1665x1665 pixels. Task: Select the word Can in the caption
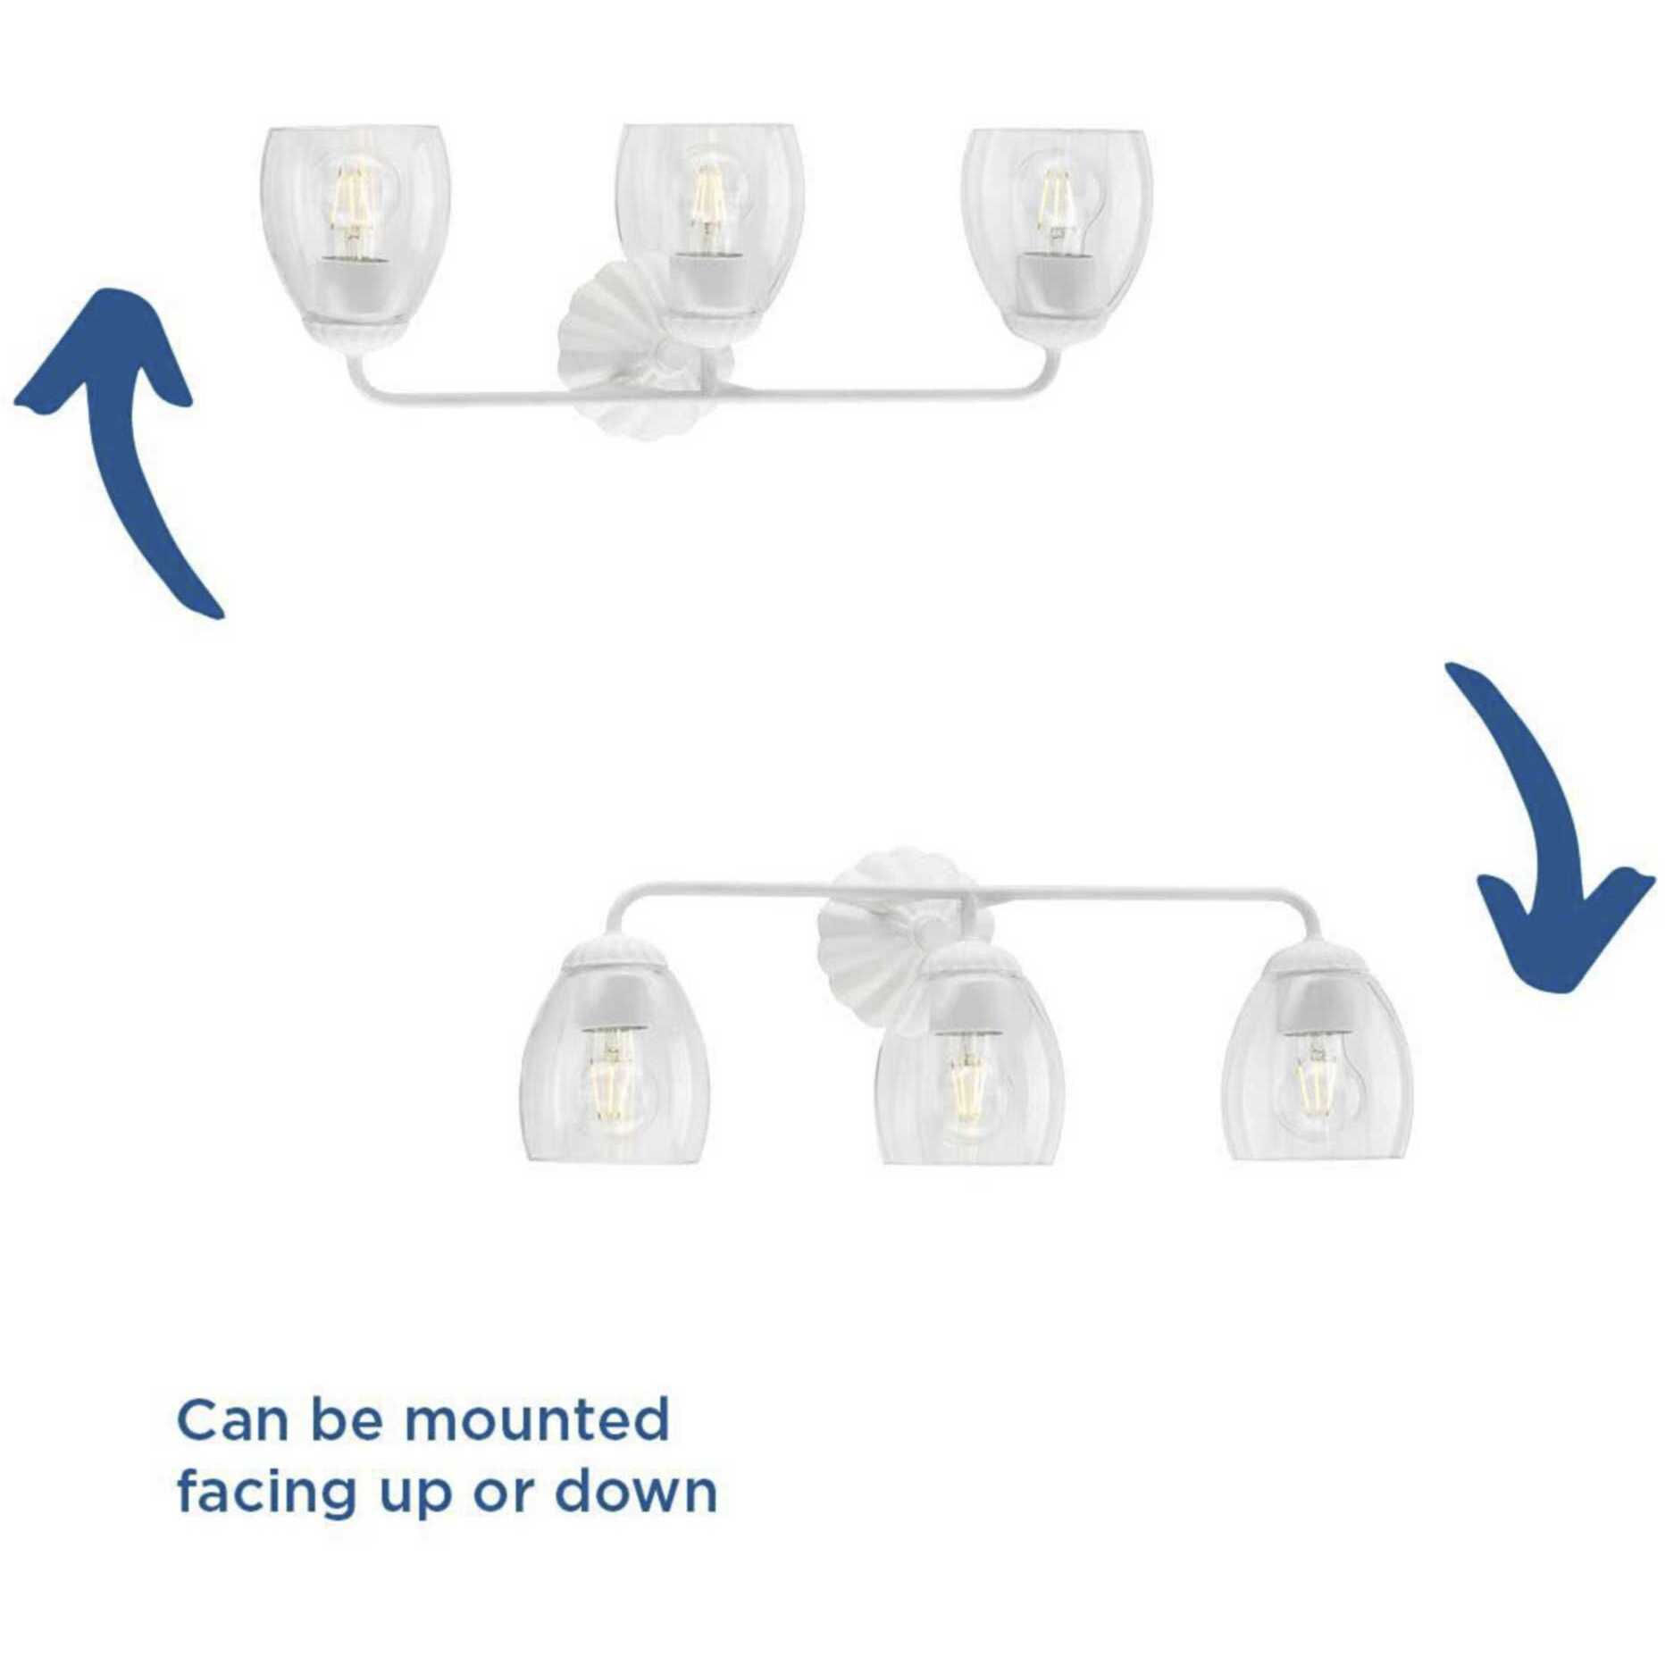coord(235,1421)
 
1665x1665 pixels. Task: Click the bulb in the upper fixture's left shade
coord(353,205)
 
